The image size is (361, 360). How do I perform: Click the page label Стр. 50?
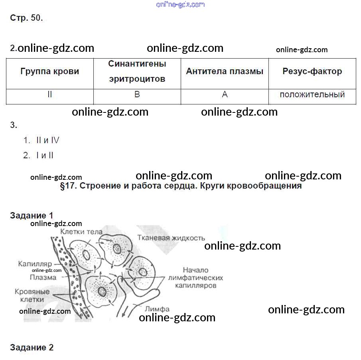coord(26,18)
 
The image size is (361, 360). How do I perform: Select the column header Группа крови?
coord(50,71)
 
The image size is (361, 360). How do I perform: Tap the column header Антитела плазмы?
coord(225,71)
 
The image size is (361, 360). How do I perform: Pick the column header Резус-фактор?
coord(312,71)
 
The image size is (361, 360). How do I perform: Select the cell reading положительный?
coord(312,94)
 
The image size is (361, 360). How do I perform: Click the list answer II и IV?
coord(47,140)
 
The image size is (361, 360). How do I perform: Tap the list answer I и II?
coord(45,155)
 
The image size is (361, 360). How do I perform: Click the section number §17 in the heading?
coord(68,186)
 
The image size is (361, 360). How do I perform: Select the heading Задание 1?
coord(32,216)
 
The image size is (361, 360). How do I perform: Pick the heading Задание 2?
coord(32,347)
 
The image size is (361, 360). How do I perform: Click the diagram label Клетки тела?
coord(81,232)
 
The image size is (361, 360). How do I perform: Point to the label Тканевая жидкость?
coord(171,238)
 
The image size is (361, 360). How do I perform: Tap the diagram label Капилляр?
coord(35,264)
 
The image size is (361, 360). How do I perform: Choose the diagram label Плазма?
coord(43,277)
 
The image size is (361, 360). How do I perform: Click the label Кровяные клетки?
coord(32,295)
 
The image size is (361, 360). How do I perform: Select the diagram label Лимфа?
coord(157,309)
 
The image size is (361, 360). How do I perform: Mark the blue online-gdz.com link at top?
coord(180,5)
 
